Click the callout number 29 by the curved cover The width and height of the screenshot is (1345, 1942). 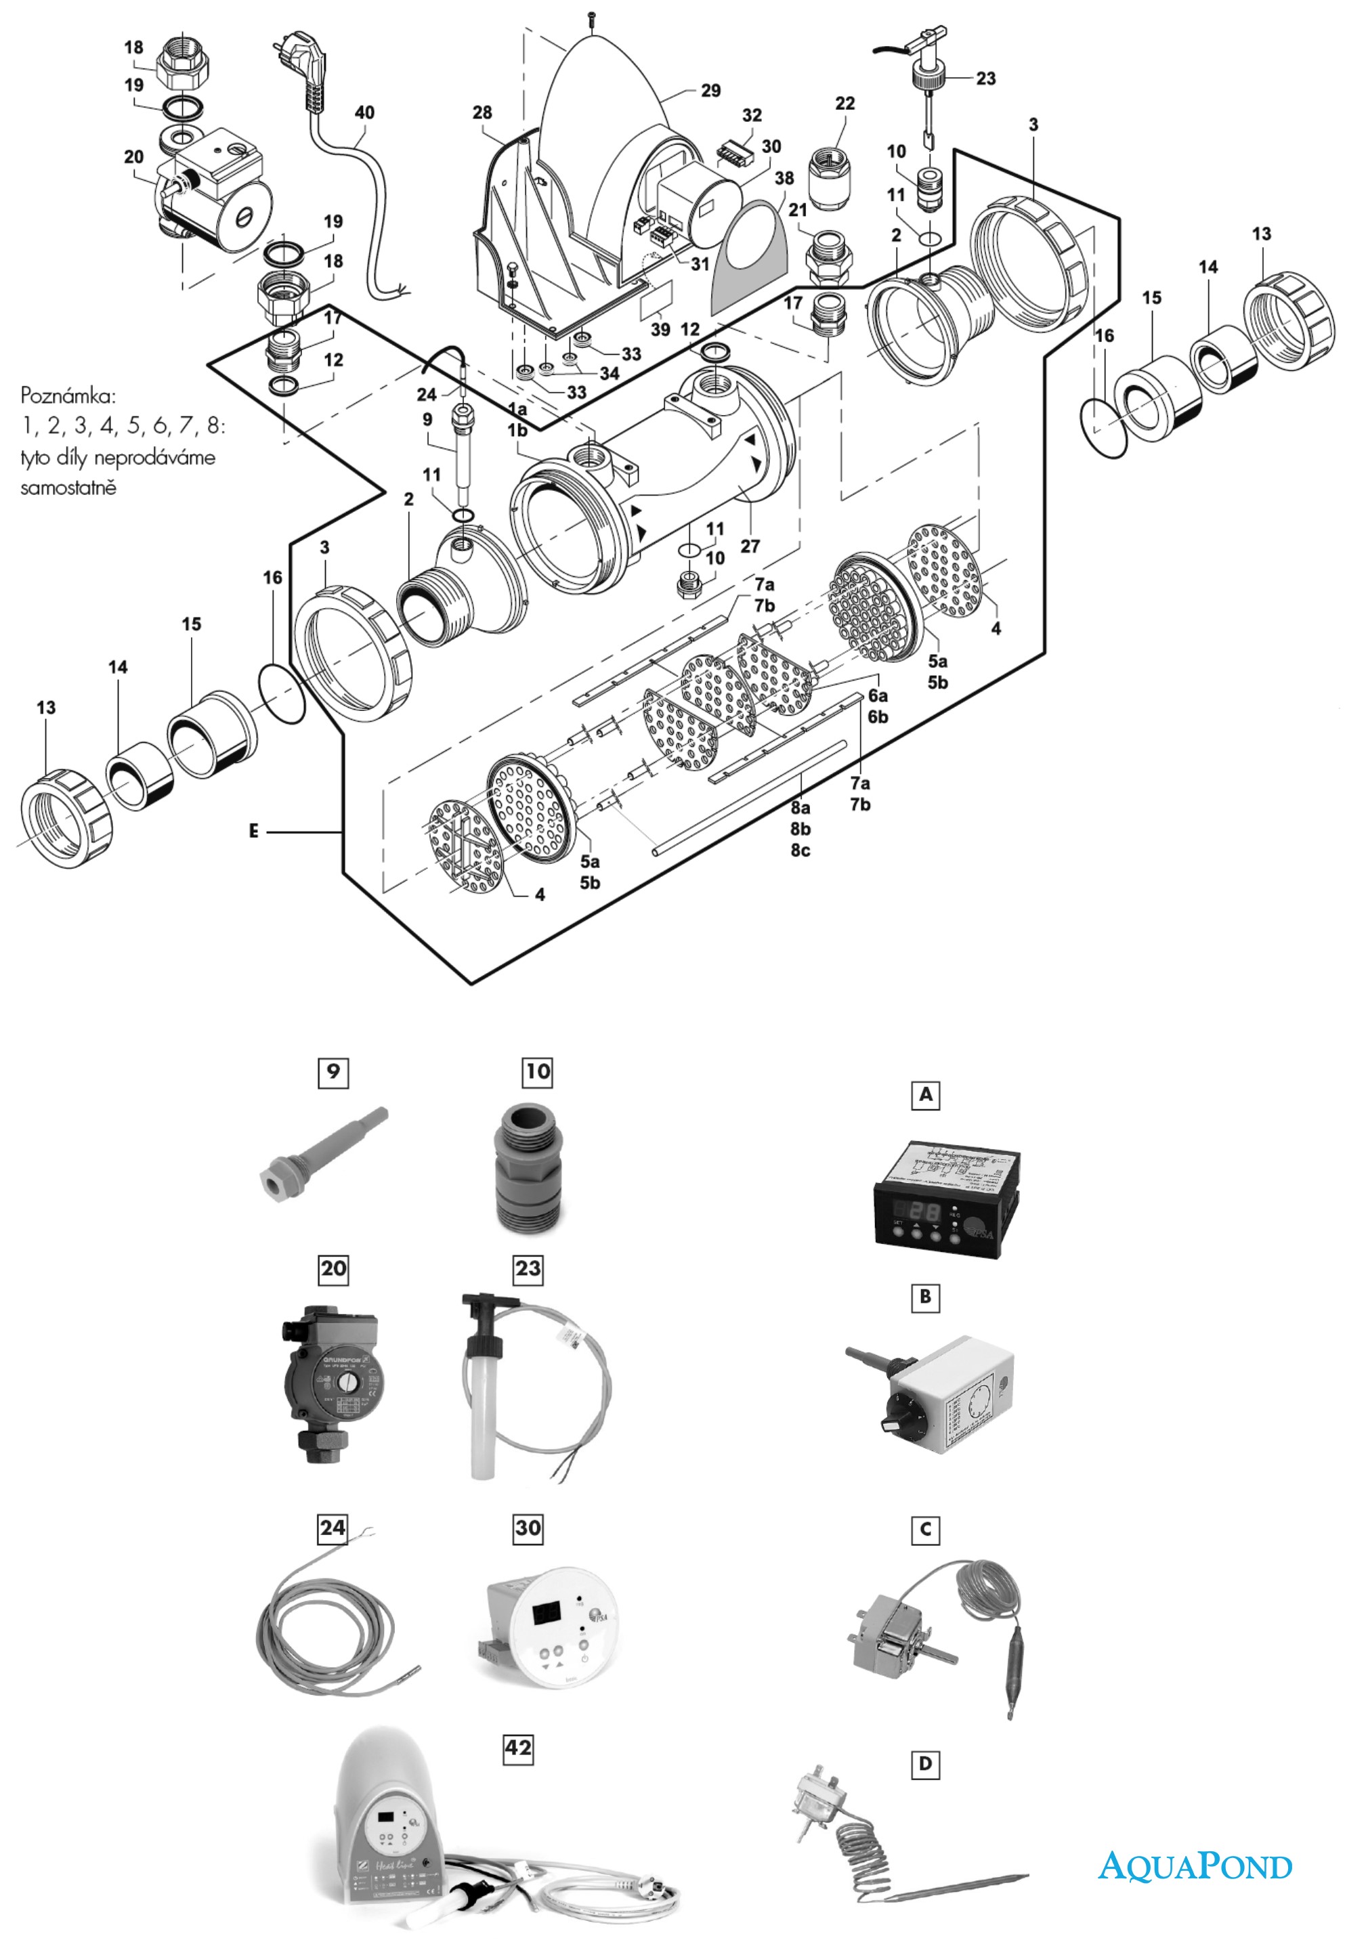[710, 90]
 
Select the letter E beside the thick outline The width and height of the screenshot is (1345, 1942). [254, 832]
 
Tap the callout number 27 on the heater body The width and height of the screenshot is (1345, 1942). [750, 546]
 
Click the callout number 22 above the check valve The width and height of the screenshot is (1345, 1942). [845, 103]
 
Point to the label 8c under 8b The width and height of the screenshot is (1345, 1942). [800, 850]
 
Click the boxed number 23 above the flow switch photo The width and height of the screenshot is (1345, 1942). [528, 1268]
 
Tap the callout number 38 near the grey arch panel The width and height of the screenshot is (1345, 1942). [784, 178]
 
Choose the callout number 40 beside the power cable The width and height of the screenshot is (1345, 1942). [364, 112]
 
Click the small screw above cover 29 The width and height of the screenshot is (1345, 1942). [594, 14]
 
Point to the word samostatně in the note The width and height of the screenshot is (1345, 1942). [68, 487]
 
